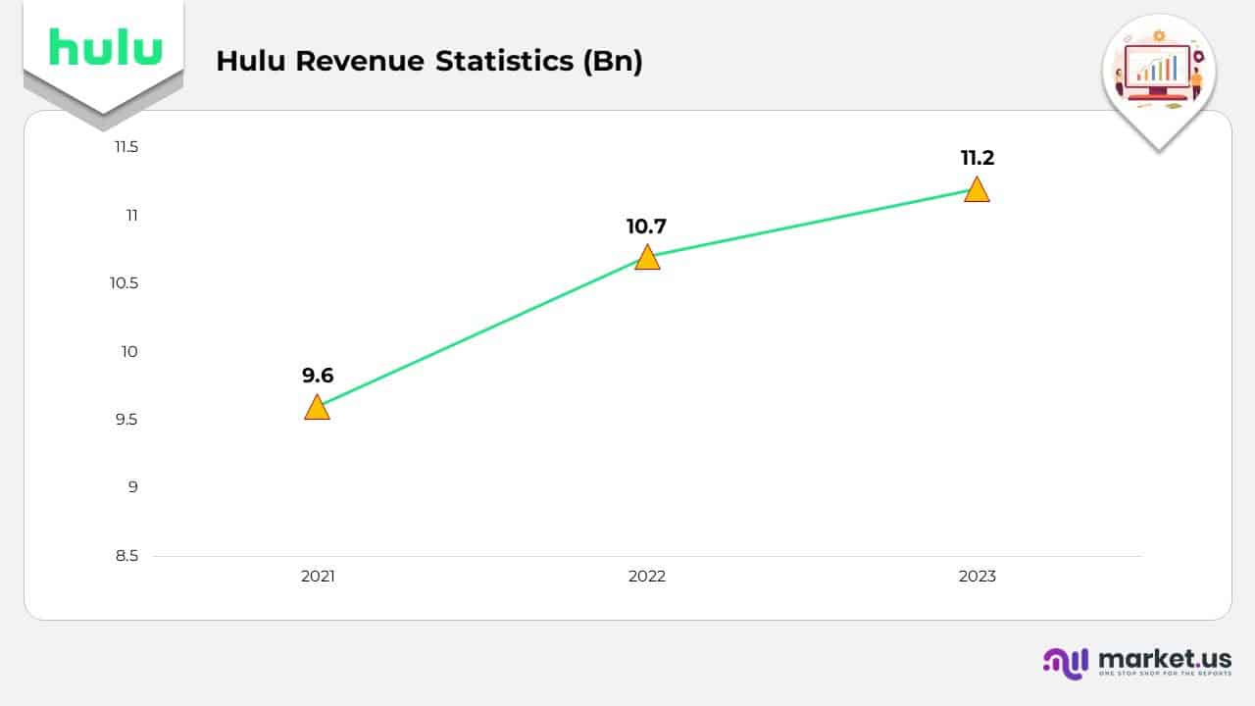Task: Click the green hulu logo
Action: [x=105, y=46]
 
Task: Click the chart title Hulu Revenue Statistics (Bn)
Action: [x=429, y=61]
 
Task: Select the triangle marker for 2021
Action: [x=317, y=408]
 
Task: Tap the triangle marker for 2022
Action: [x=647, y=258]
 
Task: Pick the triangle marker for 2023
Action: [x=977, y=190]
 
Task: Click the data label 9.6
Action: [x=318, y=375]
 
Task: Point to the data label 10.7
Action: [x=646, y=227]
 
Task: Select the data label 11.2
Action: [x=977, y=158]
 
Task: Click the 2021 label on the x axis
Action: [x=318, y=577]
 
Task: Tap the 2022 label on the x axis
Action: [x=647, y=577]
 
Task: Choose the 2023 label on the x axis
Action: [x=977, y=577]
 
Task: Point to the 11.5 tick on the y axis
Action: [x=126, y=147]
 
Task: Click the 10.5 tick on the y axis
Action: [x=125, y=283]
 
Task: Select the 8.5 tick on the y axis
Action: [x=126, y=556]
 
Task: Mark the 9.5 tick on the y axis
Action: [x=126, y=420]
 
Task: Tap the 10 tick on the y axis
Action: [x=130, y=351]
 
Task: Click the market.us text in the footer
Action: [x=1165, y=658]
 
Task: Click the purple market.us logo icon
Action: [x=1066, y=662]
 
